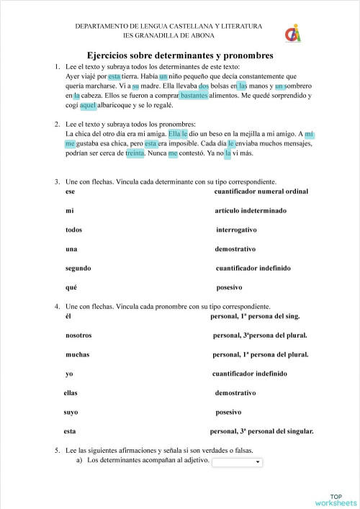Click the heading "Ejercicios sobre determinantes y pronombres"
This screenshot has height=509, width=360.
179,55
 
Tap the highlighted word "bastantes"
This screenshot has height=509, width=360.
194,95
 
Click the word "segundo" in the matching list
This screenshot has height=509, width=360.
78,268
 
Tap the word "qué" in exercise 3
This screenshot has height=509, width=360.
71,287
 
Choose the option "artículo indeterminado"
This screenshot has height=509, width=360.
250,211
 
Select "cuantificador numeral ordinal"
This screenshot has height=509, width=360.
261,192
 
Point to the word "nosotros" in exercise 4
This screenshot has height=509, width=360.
78,335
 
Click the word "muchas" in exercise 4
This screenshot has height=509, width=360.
77,354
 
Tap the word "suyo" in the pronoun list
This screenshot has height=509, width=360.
71,413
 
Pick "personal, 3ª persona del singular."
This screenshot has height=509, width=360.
262,431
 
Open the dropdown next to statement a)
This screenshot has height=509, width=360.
238,461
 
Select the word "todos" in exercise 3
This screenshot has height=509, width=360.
73,230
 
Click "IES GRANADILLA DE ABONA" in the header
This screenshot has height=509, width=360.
168,35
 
